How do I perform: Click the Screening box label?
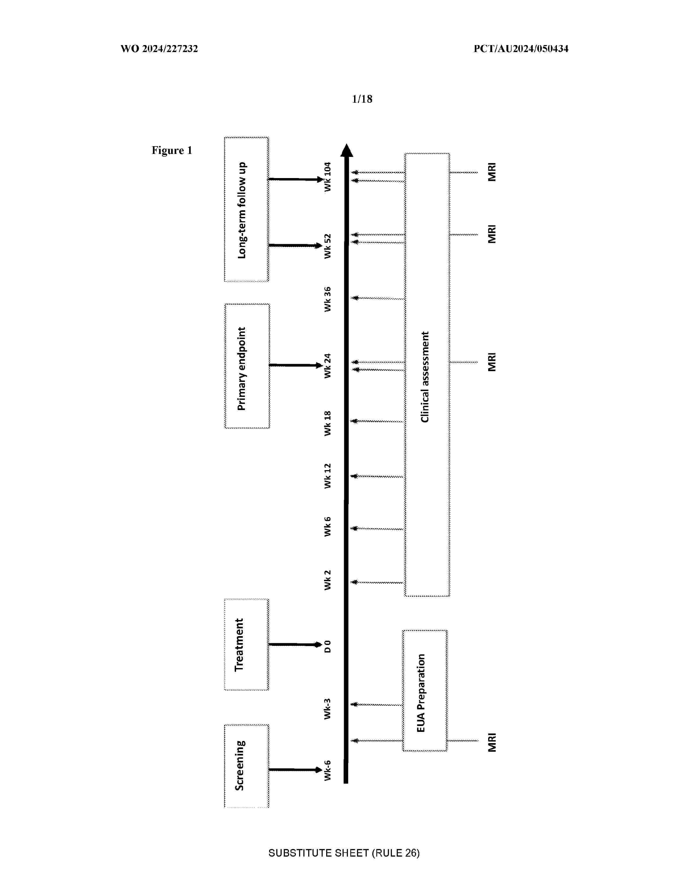[x=240, y=765]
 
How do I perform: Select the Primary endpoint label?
[x=241, y=369]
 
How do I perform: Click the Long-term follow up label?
[x=241, y=210]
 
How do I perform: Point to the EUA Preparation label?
[x=421, y=693]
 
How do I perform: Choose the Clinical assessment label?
[x=425, y=377]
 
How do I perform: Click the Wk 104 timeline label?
[x=328, y=177]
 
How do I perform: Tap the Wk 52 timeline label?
[x=328, y=246]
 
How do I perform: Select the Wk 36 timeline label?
[x=328, y=299]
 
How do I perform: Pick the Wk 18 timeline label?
[x=328, y=423]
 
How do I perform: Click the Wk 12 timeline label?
[x=328, y=476]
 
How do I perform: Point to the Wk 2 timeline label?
[x=328, y=580]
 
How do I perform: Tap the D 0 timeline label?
[x=328, y=646]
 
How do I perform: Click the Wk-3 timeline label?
[x=328, y=709]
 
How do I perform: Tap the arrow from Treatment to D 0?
[x=295, y=644]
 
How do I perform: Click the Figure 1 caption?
[x=172, y=150]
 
